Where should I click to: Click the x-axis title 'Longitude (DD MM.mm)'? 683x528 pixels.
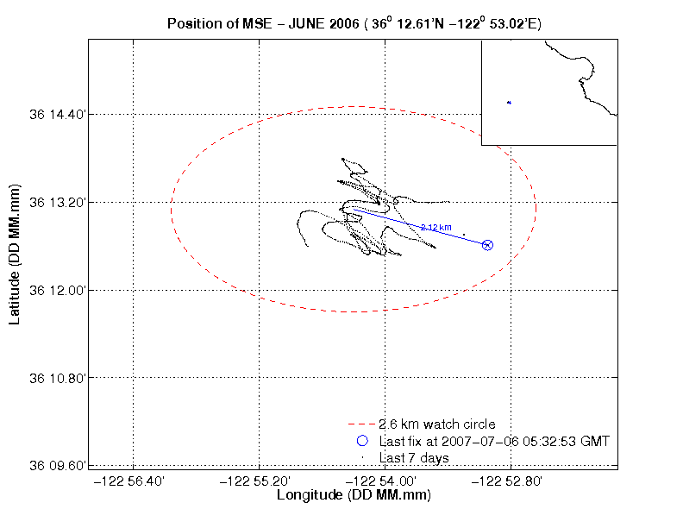click(x=354, y=495)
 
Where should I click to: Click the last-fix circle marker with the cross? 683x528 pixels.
click(x=487, y=245)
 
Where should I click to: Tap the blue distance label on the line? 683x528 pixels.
click(x=435, y=227)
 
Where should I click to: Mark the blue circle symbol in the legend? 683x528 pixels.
click(x=362, y=441)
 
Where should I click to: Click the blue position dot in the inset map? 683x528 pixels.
click(x=509, y=103)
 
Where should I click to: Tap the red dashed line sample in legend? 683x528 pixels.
click(x=362, y=424)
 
